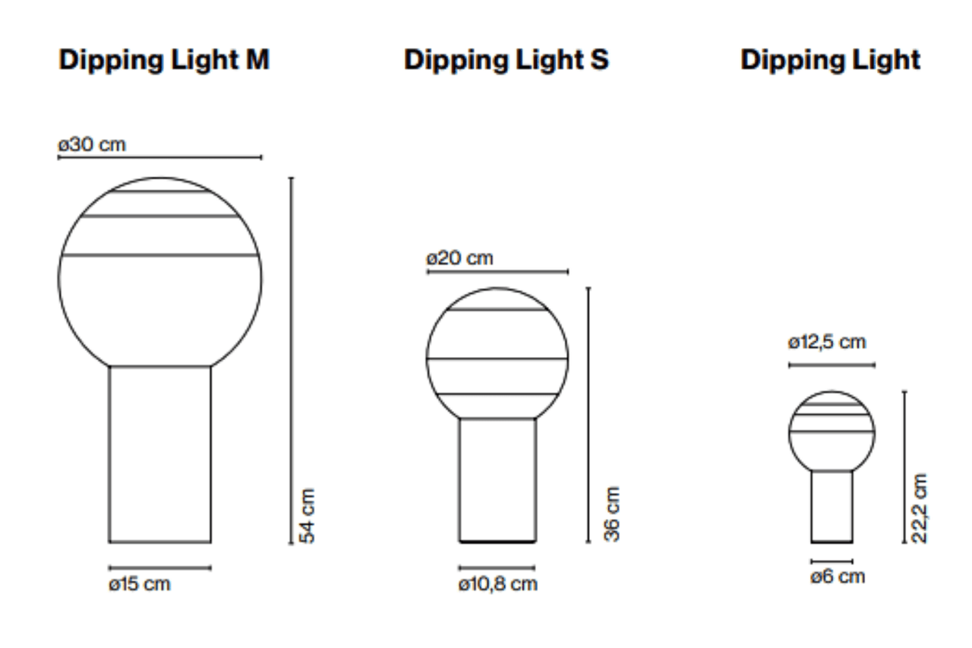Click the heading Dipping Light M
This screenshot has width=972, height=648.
coord(164,60)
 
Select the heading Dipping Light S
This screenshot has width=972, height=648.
coord(506,60)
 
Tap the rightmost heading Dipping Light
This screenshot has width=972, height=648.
coord(830,60)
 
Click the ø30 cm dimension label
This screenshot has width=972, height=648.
coord(92,144)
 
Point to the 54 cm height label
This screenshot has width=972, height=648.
coord(306,515)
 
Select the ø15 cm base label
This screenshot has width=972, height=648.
coord(139,584)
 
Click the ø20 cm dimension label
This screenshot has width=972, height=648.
coord(459,258)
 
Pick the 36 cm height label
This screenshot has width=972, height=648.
coord(612,514)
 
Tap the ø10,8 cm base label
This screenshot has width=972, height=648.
coord(497,584)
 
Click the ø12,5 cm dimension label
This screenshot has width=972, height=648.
coord(827,342)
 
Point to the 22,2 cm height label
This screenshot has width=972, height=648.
coord(920,507)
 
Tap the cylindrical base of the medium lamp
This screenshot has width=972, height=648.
coord(497,480)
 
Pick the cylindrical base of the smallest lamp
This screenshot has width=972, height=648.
coord(832,506)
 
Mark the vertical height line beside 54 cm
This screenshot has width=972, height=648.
coord(291,361)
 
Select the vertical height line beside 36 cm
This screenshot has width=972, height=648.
coord(589,415)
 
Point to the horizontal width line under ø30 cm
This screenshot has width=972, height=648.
coord(159,158)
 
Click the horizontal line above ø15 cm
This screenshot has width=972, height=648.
coord(160,567)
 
